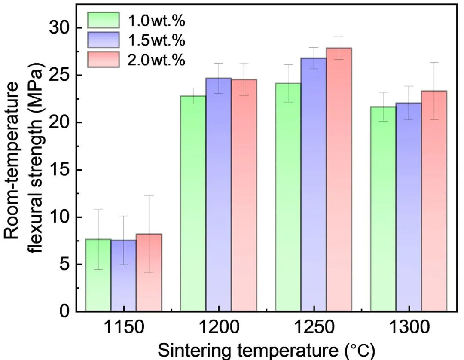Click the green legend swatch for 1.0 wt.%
[103, 20]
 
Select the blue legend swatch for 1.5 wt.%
[103, 40]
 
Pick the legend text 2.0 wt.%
[156, 60]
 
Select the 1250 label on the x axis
[314, 329]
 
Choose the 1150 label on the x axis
[124, 329]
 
